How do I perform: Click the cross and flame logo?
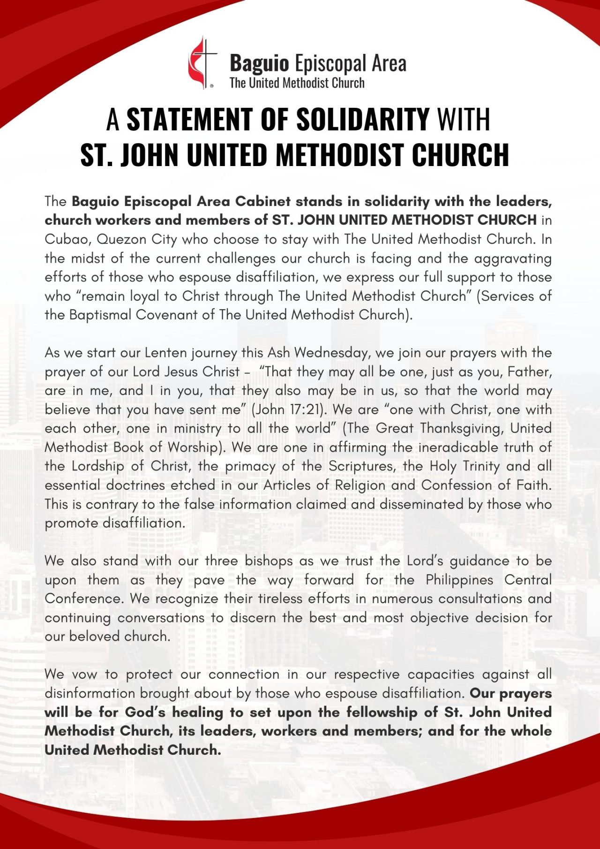[202, 63]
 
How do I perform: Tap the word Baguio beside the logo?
[259, 63]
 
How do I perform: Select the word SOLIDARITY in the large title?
[363, 119]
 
